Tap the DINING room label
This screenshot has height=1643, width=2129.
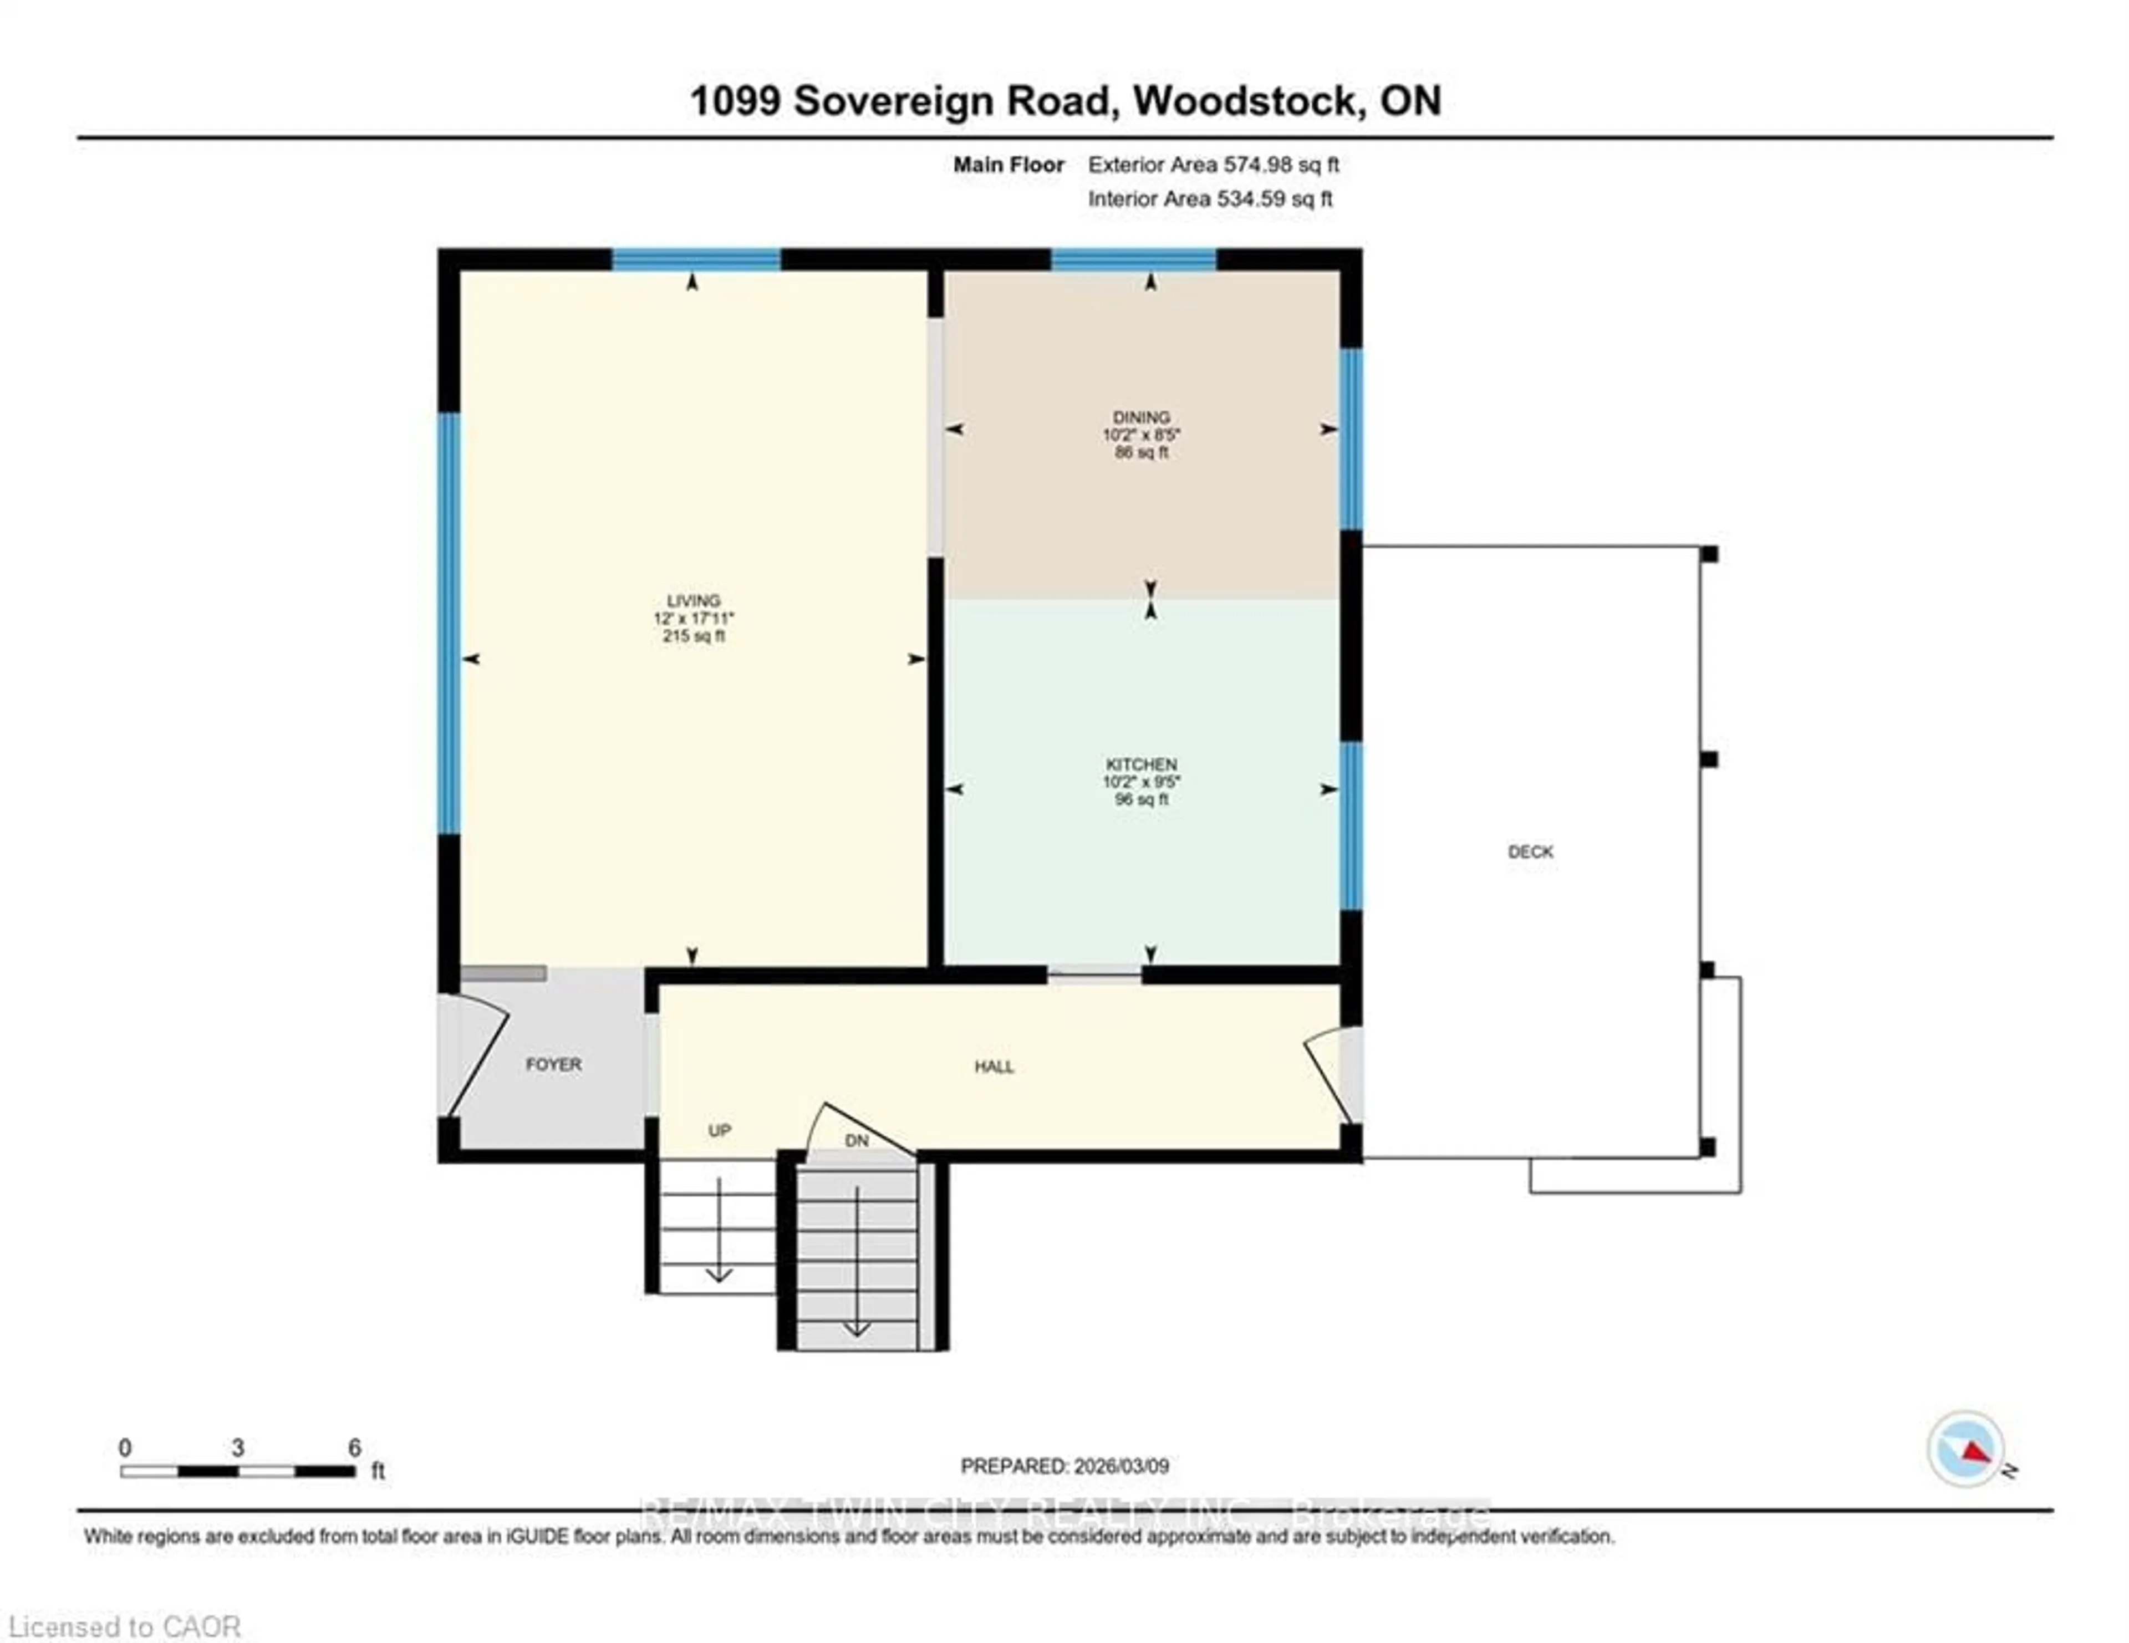point(1142,417)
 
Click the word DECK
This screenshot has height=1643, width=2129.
point(1530,851)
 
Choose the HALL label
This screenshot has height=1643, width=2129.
point(994,1066)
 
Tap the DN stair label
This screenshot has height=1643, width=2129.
point(856,1140)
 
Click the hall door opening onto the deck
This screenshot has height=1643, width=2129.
point(1331,1072)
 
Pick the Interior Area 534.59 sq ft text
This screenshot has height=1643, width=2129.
point(1210,199)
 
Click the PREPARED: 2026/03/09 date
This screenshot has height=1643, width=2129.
point(1064,1466)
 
